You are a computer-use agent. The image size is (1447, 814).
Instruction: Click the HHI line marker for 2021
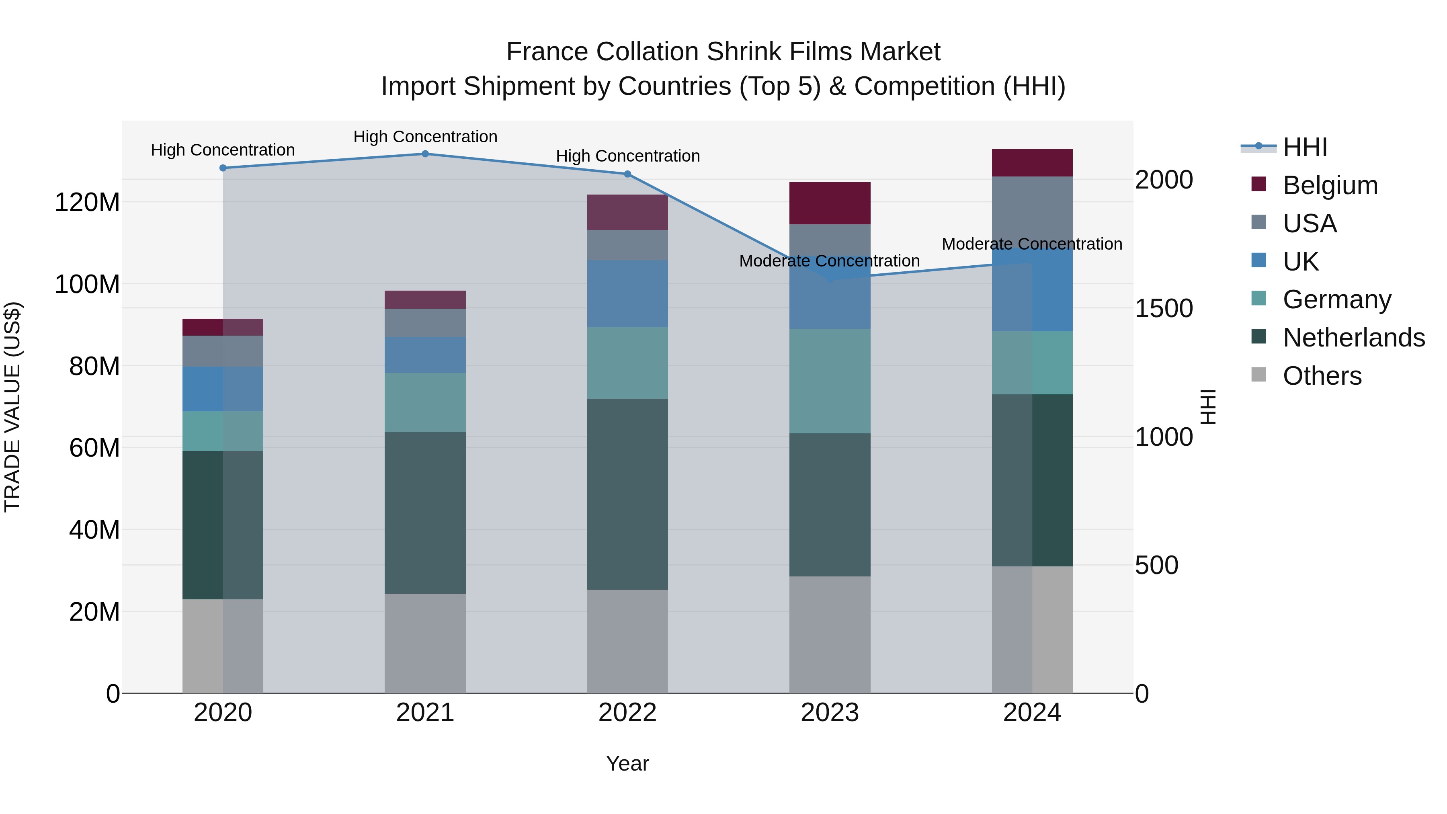[425, 154]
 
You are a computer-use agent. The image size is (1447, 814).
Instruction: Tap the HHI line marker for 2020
[223, 168]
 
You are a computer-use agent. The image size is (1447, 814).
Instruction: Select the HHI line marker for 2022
[627, 174]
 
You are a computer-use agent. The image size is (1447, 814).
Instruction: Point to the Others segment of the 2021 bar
[425, 643]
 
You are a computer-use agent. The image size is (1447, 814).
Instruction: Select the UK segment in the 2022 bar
[627, 294]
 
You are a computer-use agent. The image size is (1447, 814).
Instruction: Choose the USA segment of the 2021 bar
[425, 323]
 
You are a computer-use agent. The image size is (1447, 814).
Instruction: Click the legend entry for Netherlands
[1353, 338]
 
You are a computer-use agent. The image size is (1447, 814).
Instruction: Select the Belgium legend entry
[1330, 185]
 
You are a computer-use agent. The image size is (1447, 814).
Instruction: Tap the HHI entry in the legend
[1305, 147]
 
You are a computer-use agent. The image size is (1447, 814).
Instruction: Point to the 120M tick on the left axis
[87, 202]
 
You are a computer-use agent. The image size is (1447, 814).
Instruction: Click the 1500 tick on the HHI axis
[1164, 308]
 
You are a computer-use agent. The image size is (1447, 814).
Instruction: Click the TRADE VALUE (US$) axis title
[12, 407]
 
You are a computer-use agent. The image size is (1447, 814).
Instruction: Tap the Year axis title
[627, 763]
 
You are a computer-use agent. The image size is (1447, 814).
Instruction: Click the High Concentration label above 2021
[425, 137]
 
